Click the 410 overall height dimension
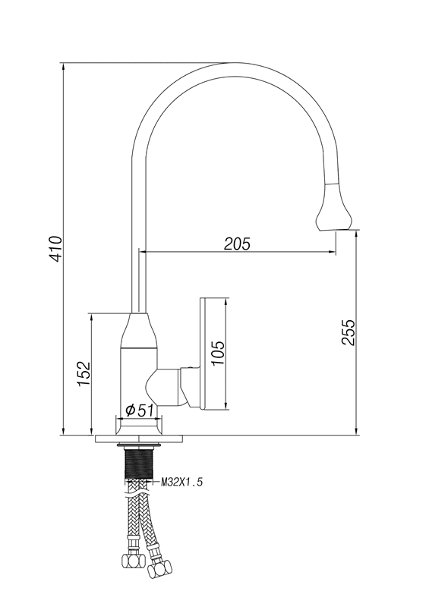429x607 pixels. [x=57, y=249]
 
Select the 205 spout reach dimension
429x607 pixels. [x=237, y=244]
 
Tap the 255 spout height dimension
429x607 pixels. [x=348, y=332]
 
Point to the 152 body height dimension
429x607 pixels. [x=84, y=373]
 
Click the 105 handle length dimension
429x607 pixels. [x=218, y=353]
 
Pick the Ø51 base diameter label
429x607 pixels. [x=140, y=410]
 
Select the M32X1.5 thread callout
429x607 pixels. [x=181, y=482]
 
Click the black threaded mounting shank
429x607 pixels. [x=139, y=464]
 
